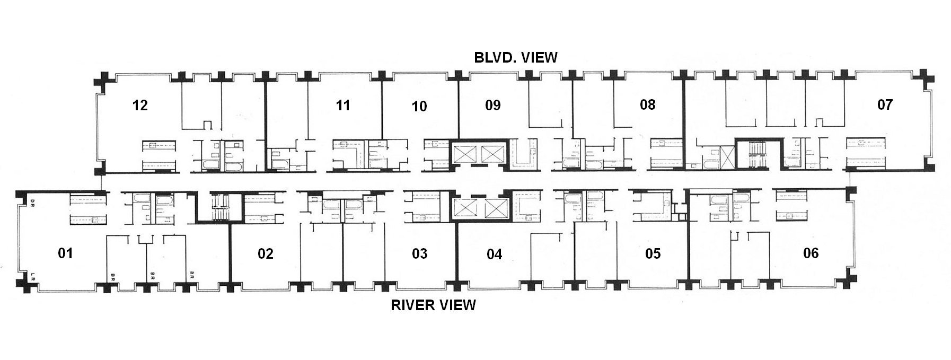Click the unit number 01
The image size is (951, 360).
tap(65, 253)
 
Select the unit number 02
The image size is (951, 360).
tap(266, 254)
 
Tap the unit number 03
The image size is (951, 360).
tap(419, 253)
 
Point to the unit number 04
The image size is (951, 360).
tap(494, 254)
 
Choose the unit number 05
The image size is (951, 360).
tap(653, 254)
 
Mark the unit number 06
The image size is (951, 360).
tap(811, 253)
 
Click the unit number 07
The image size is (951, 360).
tap(885, 104)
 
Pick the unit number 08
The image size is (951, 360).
tap(648, 104)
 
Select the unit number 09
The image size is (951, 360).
tap(493, 105)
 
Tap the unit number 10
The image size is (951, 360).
tap(419, 106)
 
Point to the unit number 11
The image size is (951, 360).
tap(343, 105)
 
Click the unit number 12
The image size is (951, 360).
tap(140, 105)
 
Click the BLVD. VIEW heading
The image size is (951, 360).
tap(516, 57)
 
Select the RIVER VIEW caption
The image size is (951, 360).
tap(433, 305)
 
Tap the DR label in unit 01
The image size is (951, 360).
tap(32, 202)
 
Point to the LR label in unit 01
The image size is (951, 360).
tap(32, 276)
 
